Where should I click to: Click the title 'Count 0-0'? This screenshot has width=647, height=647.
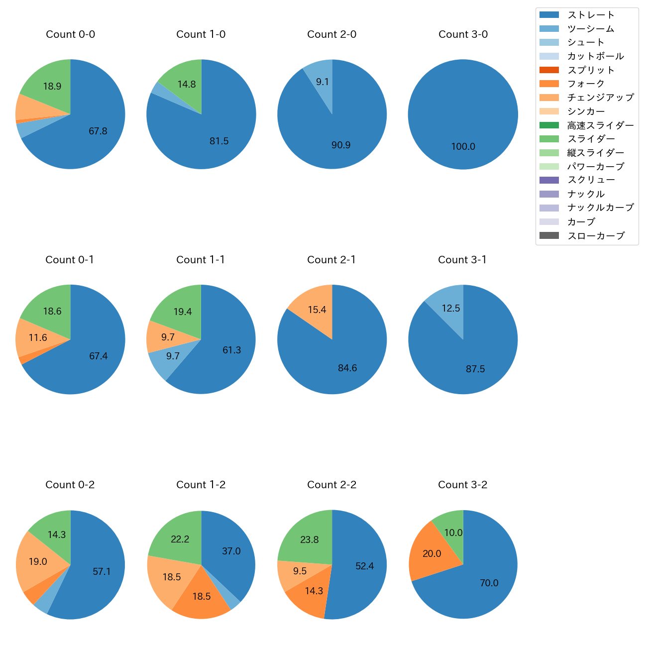tap(70, 34)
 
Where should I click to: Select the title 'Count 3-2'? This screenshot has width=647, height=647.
tap(462, 485)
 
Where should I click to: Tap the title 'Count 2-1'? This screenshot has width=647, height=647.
tap(331, 260)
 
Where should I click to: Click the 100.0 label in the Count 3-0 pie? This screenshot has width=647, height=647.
tap(463, 147)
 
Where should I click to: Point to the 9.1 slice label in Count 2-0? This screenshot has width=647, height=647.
tap(323, 82)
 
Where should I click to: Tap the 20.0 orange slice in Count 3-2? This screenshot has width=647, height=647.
tap(431, 552)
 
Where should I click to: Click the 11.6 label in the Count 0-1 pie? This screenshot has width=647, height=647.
tap(38, 338)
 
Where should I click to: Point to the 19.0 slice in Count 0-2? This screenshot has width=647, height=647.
tap(38, 561)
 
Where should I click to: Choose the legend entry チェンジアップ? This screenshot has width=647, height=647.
tap(600, 98)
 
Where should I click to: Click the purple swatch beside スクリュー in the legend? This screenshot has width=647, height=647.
tap(549, 180)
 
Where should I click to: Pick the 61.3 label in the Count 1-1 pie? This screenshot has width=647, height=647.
tap(231, 350)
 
